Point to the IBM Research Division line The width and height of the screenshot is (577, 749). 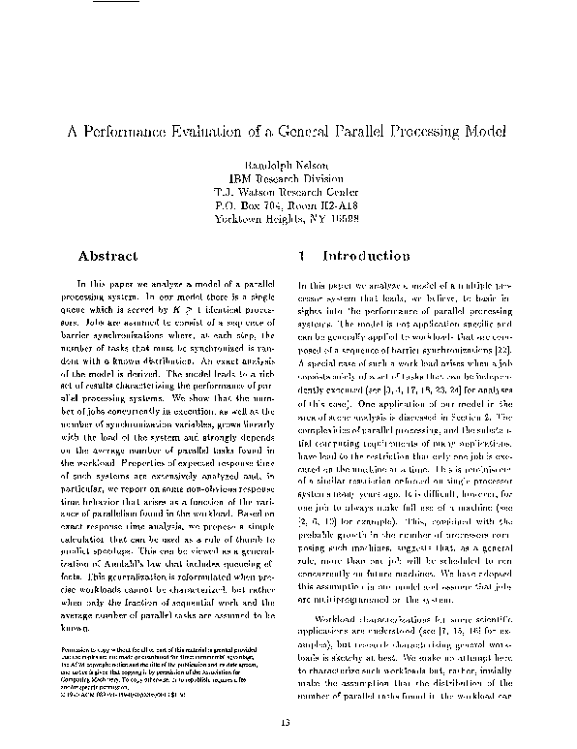[288, 178]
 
